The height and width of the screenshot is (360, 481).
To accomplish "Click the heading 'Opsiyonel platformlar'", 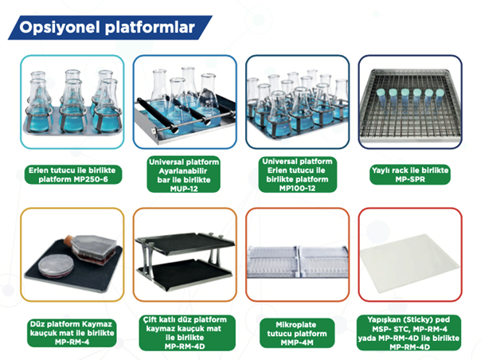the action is pos(107,27).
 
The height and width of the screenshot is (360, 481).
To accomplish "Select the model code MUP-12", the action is pos(184,189).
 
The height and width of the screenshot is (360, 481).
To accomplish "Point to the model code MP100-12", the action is pos(297,188).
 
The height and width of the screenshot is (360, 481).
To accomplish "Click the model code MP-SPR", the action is pos(410,179).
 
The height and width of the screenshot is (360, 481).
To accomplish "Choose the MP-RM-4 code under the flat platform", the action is pos(72,342).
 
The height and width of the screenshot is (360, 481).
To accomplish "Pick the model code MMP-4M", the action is pos(297,342).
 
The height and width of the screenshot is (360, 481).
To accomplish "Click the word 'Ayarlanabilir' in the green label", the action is pos(183,171).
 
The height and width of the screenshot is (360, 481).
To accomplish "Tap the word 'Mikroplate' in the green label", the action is pos(295,325).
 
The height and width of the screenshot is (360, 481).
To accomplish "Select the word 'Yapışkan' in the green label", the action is pos(385,320).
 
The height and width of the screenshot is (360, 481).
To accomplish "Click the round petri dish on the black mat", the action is pos(56,266).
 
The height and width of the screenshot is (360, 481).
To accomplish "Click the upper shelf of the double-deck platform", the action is pos(185,241).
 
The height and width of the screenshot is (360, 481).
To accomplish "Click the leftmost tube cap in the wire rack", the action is pos(381,92).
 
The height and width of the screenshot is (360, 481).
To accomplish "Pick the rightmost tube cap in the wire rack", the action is pos(440,92).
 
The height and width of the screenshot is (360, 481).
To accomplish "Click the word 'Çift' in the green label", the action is pos(150,320).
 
